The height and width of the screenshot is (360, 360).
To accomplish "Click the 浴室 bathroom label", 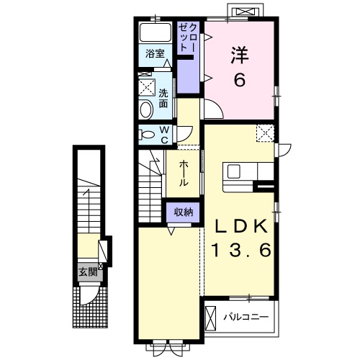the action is click(155, 53).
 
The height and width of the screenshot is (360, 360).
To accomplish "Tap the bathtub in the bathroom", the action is click(156, 32).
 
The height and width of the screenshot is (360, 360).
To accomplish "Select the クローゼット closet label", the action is click(189, 37).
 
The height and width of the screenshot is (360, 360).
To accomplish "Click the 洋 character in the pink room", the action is click(240, 55).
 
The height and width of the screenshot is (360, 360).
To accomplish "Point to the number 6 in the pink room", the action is click(240, 80).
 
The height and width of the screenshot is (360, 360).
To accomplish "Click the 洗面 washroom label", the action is click(163, 98).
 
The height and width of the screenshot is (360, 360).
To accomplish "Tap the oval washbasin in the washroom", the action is click(146, 109).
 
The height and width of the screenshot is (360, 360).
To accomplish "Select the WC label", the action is click(164, 135).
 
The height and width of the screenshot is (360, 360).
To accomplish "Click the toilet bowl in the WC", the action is click(147, 135).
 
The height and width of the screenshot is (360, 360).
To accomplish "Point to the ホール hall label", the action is click(184, 174).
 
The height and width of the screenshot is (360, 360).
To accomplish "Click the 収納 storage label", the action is click(184, 212).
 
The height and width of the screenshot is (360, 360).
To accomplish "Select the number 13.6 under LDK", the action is click(241, 250).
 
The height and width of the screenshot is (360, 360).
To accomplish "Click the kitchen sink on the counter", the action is click(233, 172).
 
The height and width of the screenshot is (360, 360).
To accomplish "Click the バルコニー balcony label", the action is click(246, 318).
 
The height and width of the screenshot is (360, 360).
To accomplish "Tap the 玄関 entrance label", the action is click(88, 272).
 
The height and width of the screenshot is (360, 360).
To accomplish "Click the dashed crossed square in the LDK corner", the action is click(265, 133).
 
